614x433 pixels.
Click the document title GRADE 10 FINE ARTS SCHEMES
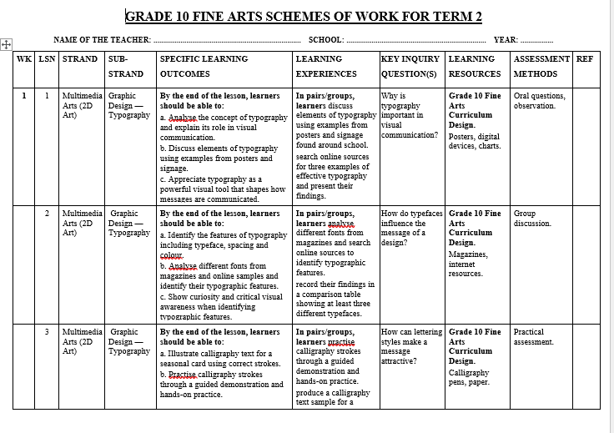(303, 17)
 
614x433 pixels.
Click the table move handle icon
(6, 44)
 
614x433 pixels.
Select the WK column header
(24, 59)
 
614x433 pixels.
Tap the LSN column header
(47, 59)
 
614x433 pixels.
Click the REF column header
(586, 59)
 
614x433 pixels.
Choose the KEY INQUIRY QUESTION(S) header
(412, 66)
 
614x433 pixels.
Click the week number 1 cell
(24, 96)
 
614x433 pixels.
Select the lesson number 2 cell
(47, 214)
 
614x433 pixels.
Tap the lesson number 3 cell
(47, 332)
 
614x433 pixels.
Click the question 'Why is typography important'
(409, 115)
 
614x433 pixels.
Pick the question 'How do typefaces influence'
(411, 228)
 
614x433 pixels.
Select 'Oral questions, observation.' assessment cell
(539, 101)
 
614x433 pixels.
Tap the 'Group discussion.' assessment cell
(531, 219)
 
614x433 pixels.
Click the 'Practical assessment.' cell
(534, 337)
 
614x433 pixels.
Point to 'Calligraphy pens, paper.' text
(469, 377)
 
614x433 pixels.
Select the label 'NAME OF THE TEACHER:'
(102, 40)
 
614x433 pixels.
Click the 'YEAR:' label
(506, 40)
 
